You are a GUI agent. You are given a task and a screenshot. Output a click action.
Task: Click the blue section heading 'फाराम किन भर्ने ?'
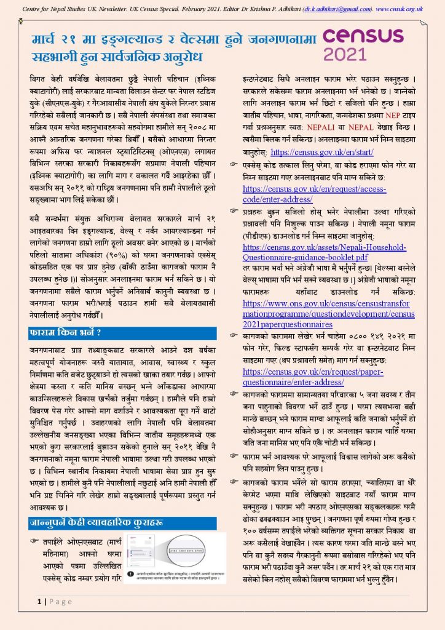tap(65, 333)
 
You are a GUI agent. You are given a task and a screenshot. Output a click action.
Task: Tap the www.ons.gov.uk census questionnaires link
tap(329, 314)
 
